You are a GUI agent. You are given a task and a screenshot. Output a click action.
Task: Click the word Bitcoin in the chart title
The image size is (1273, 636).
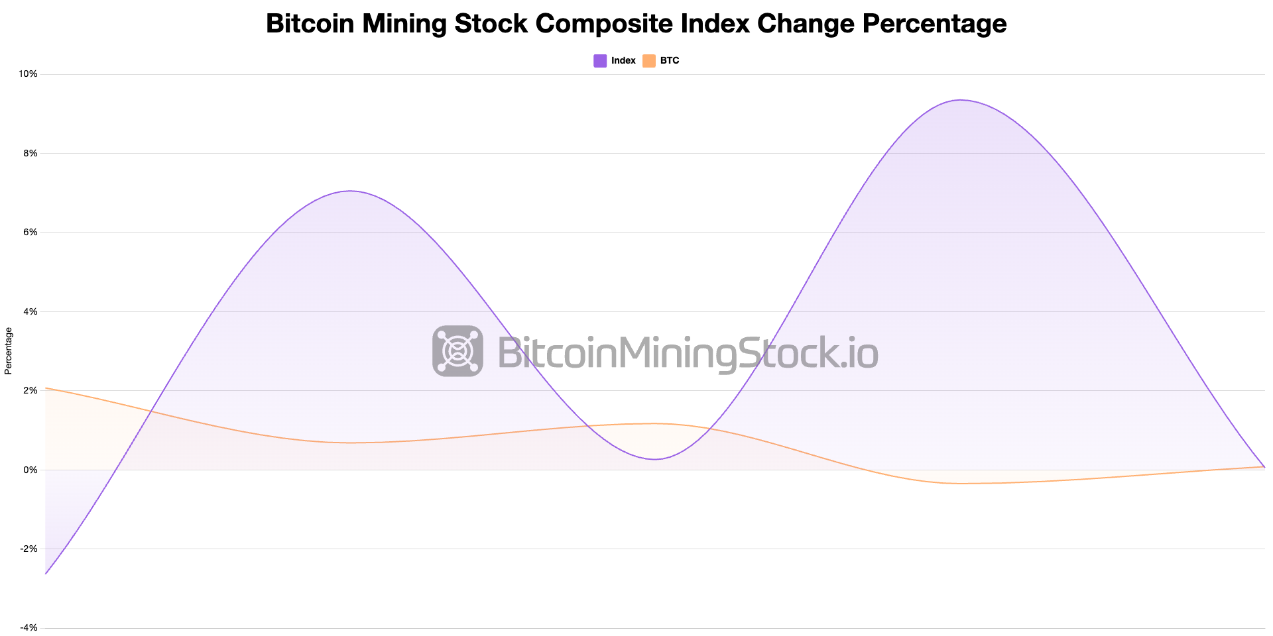[x=308, y=24]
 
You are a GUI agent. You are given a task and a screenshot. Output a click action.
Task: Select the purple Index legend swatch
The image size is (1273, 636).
[x=600, y=61]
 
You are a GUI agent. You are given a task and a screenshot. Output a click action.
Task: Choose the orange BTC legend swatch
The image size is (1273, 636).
[x=649, y=61]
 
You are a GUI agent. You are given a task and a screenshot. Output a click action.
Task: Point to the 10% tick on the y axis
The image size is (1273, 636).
[x=28, y=74]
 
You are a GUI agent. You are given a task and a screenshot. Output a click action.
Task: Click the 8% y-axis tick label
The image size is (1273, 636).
[x=30, y=153]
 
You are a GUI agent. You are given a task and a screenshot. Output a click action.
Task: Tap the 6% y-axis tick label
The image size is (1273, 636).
[x=30, y=232]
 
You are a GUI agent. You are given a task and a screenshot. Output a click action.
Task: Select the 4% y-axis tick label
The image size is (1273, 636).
[x=30, y=311]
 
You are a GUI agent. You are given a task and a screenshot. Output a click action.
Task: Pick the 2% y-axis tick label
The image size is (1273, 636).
[x=30, y=390]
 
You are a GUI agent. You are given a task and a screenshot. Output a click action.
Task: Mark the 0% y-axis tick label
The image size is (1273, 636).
[x=30, y=470]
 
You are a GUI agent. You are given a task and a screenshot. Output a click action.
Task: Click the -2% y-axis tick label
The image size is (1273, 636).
[x=29, y=549]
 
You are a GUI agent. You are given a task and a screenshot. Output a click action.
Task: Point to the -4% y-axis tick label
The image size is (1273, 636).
[x=29, y=627]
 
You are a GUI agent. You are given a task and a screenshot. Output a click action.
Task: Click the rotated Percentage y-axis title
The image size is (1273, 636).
[x=9, y=351]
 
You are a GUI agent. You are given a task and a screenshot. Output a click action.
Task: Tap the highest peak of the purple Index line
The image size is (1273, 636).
[x=960, y=100]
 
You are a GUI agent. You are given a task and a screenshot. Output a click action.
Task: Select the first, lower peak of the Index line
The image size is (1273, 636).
[x=350, y=191]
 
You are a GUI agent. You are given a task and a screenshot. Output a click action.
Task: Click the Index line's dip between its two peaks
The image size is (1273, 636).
[x=655, y=459]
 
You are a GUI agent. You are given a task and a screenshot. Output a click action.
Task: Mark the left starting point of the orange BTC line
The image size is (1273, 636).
[x=46, y=388]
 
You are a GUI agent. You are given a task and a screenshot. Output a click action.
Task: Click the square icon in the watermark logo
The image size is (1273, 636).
[x=457, y=351]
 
